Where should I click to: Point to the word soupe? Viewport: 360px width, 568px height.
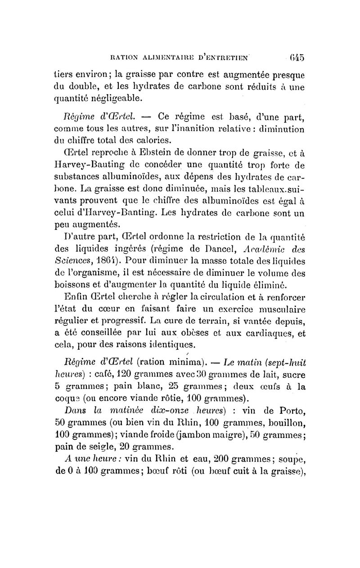coord(292,460)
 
